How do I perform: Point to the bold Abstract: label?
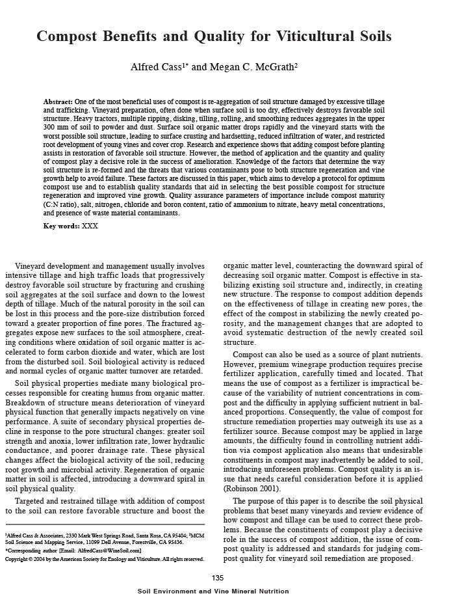click(58, 102)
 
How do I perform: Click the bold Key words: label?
click(62, 226)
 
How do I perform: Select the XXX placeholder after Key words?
click(90, 226)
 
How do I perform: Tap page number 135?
click(218, 578)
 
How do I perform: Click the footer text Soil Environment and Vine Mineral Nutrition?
click(218, 591)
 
